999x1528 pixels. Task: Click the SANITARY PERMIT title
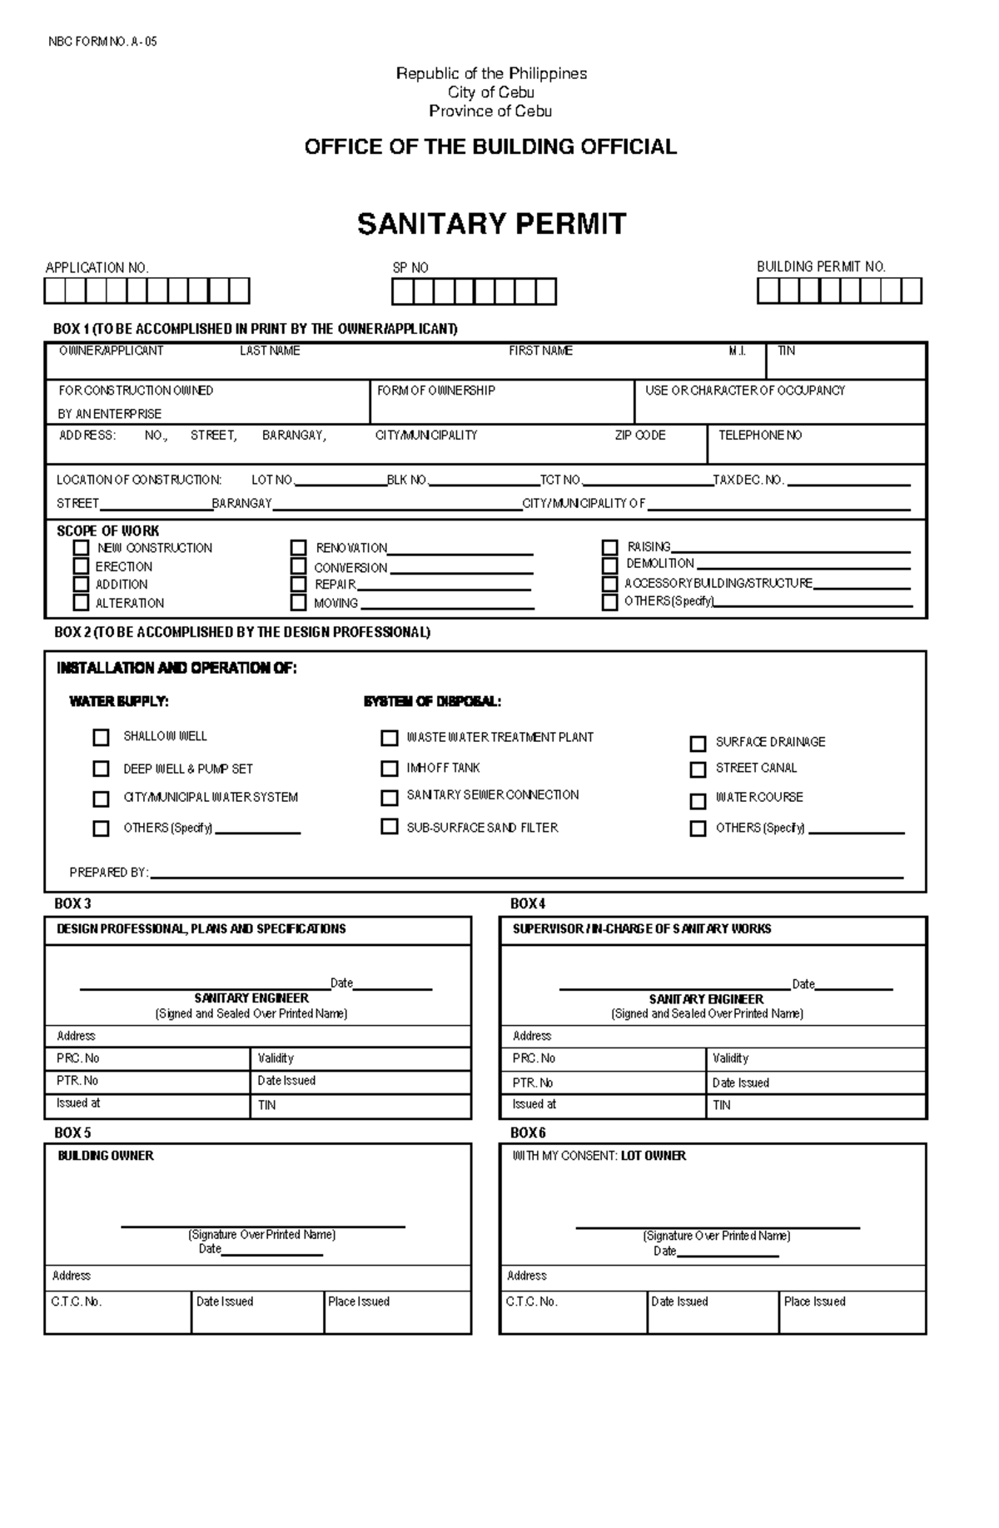tap(491, 224)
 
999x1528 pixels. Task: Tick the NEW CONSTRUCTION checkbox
tap(81, 548)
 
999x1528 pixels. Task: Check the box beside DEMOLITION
tap(610, 565)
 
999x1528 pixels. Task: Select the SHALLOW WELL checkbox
tap(101, 738)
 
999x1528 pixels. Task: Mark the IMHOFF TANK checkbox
tap(389, 769)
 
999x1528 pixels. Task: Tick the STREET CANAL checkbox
tap(698, 769)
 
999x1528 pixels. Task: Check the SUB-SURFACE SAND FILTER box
tap(389, 827)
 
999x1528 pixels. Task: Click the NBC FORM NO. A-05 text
tap(102, 42)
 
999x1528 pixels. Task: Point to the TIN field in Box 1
tap(845, 361)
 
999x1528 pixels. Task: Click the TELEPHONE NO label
tap(759, 436)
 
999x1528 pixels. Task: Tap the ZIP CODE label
tap(639, 436)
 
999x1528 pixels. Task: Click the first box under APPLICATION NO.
tap(55, 291)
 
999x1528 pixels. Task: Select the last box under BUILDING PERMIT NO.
tap(912, 291)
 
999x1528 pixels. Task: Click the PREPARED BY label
tap(108, 873)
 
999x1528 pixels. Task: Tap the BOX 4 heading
tap(528, 903)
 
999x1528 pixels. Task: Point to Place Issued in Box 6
tap(814, 1302)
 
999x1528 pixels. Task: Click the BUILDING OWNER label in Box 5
tap(106, 1156)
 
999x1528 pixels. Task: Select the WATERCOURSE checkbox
tap(698, 801)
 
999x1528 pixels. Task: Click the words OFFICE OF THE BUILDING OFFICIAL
tap(490, 147)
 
